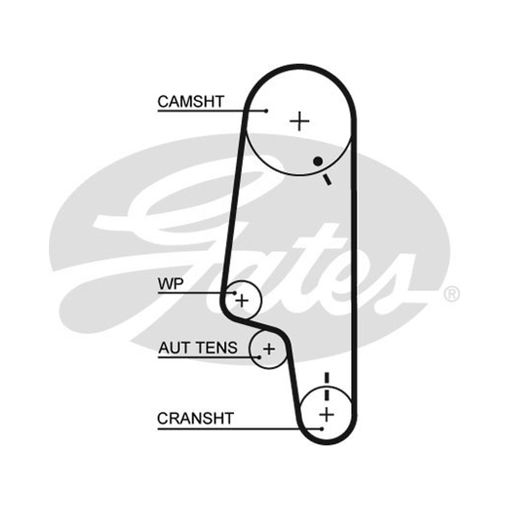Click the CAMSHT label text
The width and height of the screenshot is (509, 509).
191,102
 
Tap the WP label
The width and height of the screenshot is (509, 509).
171,284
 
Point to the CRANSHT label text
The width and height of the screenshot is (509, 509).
195,419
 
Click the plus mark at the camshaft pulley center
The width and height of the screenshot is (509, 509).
299,121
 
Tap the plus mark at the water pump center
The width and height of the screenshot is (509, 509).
242,300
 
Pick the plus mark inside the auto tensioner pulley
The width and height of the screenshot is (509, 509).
268,349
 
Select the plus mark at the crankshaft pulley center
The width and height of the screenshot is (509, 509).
326,415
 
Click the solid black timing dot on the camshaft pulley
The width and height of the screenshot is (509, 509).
317,161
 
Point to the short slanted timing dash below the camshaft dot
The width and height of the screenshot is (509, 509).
326,179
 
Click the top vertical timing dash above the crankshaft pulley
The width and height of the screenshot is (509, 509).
326,377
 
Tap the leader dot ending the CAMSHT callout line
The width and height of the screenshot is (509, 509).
267,111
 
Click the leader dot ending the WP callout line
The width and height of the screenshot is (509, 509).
235,293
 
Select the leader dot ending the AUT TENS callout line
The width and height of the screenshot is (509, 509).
260,358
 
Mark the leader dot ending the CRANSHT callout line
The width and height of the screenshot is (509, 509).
322,429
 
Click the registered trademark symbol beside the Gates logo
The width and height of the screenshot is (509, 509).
452,294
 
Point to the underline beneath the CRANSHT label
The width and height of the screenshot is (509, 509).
240,429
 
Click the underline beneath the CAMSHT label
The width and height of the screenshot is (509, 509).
212,111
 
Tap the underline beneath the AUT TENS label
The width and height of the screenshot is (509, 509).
209,358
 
